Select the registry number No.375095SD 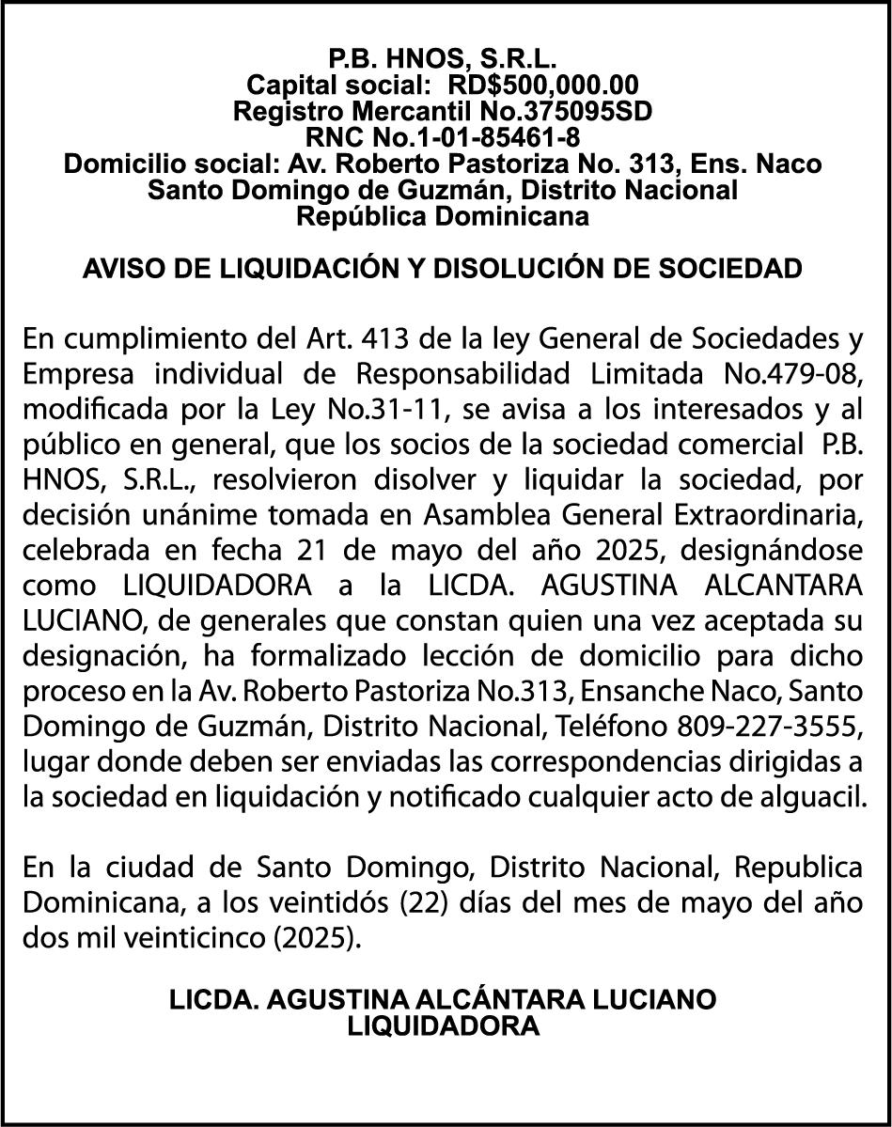(x=538, y=112)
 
